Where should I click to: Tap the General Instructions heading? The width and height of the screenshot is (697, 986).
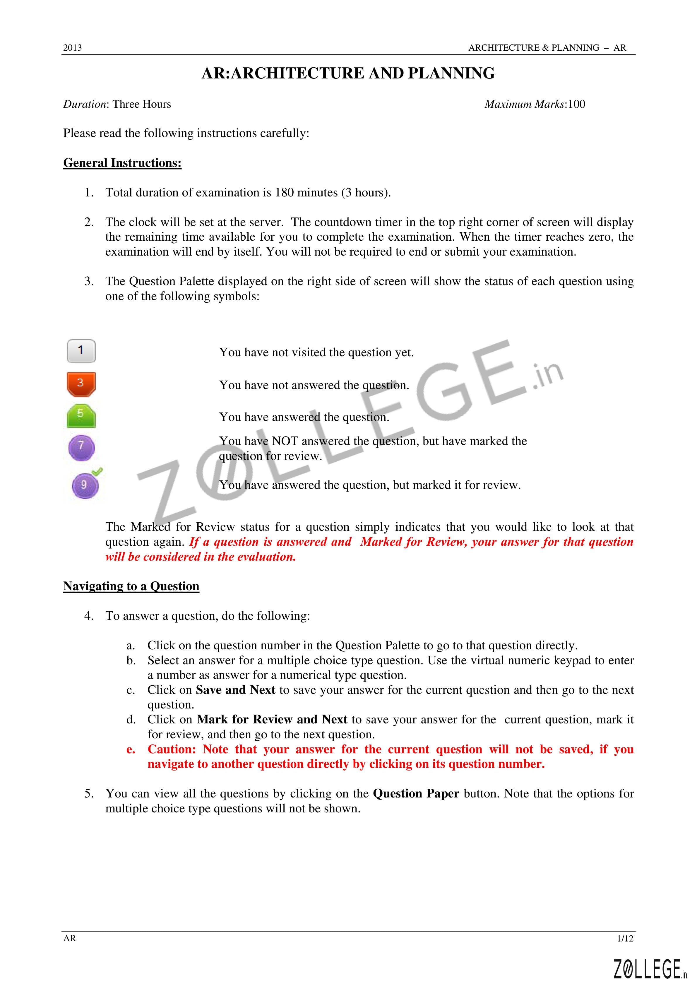(122, 163)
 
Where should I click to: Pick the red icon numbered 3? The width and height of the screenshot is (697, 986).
(81, 384)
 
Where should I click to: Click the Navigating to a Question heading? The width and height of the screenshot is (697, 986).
(131, 586)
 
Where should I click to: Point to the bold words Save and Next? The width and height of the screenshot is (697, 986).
(235, 690)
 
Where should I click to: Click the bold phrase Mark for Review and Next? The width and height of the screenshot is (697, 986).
(272, 719)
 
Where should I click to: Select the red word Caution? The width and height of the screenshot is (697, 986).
(171, 749)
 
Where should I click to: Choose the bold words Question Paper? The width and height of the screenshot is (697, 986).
(416, 794)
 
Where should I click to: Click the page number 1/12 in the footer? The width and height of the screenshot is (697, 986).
(625, 950)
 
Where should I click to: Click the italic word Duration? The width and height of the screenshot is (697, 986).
(85, 104)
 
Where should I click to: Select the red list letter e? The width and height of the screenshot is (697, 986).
(131, 750)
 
